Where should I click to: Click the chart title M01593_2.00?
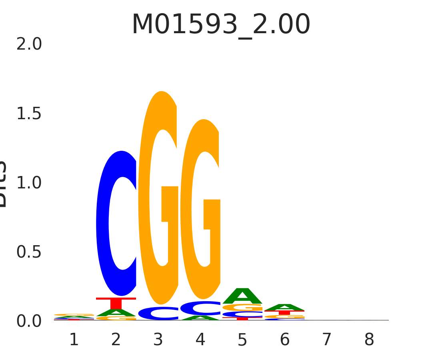click(x=221, y=25)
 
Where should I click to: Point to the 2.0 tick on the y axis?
click(x=29, y=44)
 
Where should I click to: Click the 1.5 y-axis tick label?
click(x=29, y=114)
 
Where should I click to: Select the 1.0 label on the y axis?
click(x=29, y=183)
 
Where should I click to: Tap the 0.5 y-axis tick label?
click(x=29, y=252)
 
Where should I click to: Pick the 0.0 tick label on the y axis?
click(x=29, y=321)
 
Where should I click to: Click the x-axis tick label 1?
click(x=74, y=340)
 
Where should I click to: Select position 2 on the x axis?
click(x=116, y=340)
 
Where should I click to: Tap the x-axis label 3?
click(x=158, y=340)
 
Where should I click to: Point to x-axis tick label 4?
click(x=200, y=340)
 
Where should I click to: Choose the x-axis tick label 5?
click(x=242, y=340)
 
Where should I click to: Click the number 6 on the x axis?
click(x=285, y=340)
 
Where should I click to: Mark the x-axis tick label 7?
click(x=327, y=340)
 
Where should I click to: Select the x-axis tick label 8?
click(x=369, y=340)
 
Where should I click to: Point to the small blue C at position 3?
click(x=158, y=313)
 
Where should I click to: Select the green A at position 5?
click(x=242, y=296)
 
